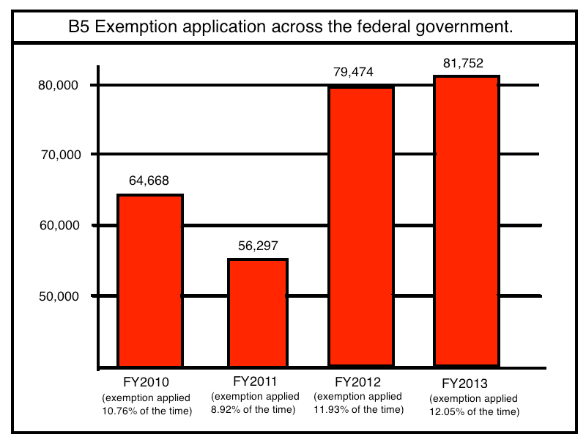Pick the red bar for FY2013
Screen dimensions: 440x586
(x=467, y=220)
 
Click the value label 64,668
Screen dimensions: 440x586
(x=150, y=180)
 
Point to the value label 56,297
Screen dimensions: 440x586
(x=258, y=246)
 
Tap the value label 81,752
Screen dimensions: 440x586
(x=464, y=62)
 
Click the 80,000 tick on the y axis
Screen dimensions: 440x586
(x=58, y=85)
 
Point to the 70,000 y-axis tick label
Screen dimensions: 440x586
(x=58, y=155)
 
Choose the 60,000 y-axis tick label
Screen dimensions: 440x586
(x=58, y=225)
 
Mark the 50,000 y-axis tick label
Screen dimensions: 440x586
(x=58, y=296)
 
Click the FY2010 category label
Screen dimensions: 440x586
(x=146, y=383)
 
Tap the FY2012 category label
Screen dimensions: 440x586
(x=358, y=382)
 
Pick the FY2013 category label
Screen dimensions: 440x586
(x=465, y=384)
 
